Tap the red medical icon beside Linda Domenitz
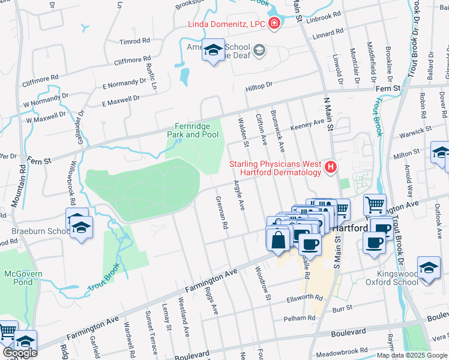click(274, 24)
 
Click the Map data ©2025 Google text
click(412, 355)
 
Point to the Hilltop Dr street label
click(259, 86)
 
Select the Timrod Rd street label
click(134, 41)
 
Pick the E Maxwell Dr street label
click(121, 100)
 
